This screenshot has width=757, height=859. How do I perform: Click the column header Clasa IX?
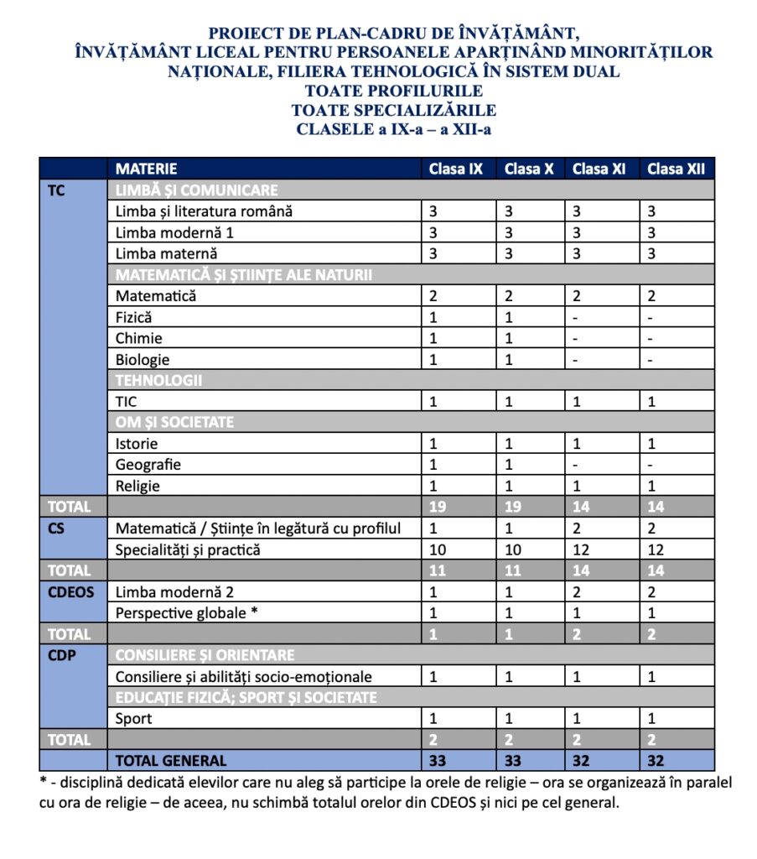(456, 169)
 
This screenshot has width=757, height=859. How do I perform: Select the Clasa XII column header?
(676, 169)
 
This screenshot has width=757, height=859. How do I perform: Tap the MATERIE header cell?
(147, 169)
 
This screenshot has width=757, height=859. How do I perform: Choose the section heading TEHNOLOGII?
(159, 380)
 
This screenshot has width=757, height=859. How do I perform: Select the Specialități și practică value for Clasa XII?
(656, 549)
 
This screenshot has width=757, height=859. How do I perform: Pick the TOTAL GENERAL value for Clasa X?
(512, 761)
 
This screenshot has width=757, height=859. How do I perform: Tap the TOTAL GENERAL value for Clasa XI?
(582, 761)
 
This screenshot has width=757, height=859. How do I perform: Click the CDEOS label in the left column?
(70, 591)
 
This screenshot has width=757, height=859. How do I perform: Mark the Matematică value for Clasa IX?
(433, 296)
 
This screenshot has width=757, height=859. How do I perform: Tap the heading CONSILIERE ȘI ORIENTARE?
(205, 655)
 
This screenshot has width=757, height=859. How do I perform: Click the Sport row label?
(134, 719)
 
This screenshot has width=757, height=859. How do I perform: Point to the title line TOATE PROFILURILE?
(393, 91)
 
